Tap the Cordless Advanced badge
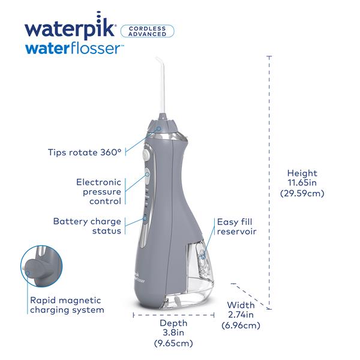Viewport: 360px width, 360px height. (x=147, y=31)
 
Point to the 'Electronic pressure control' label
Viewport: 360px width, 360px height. (x=98, y=191)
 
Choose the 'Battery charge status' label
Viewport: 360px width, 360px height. (x=87, y=226)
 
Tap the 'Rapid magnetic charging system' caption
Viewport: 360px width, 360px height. (x=66, y=305)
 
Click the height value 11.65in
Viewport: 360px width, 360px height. (x=302, y=183)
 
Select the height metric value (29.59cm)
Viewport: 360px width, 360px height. (x=302, y=193)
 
